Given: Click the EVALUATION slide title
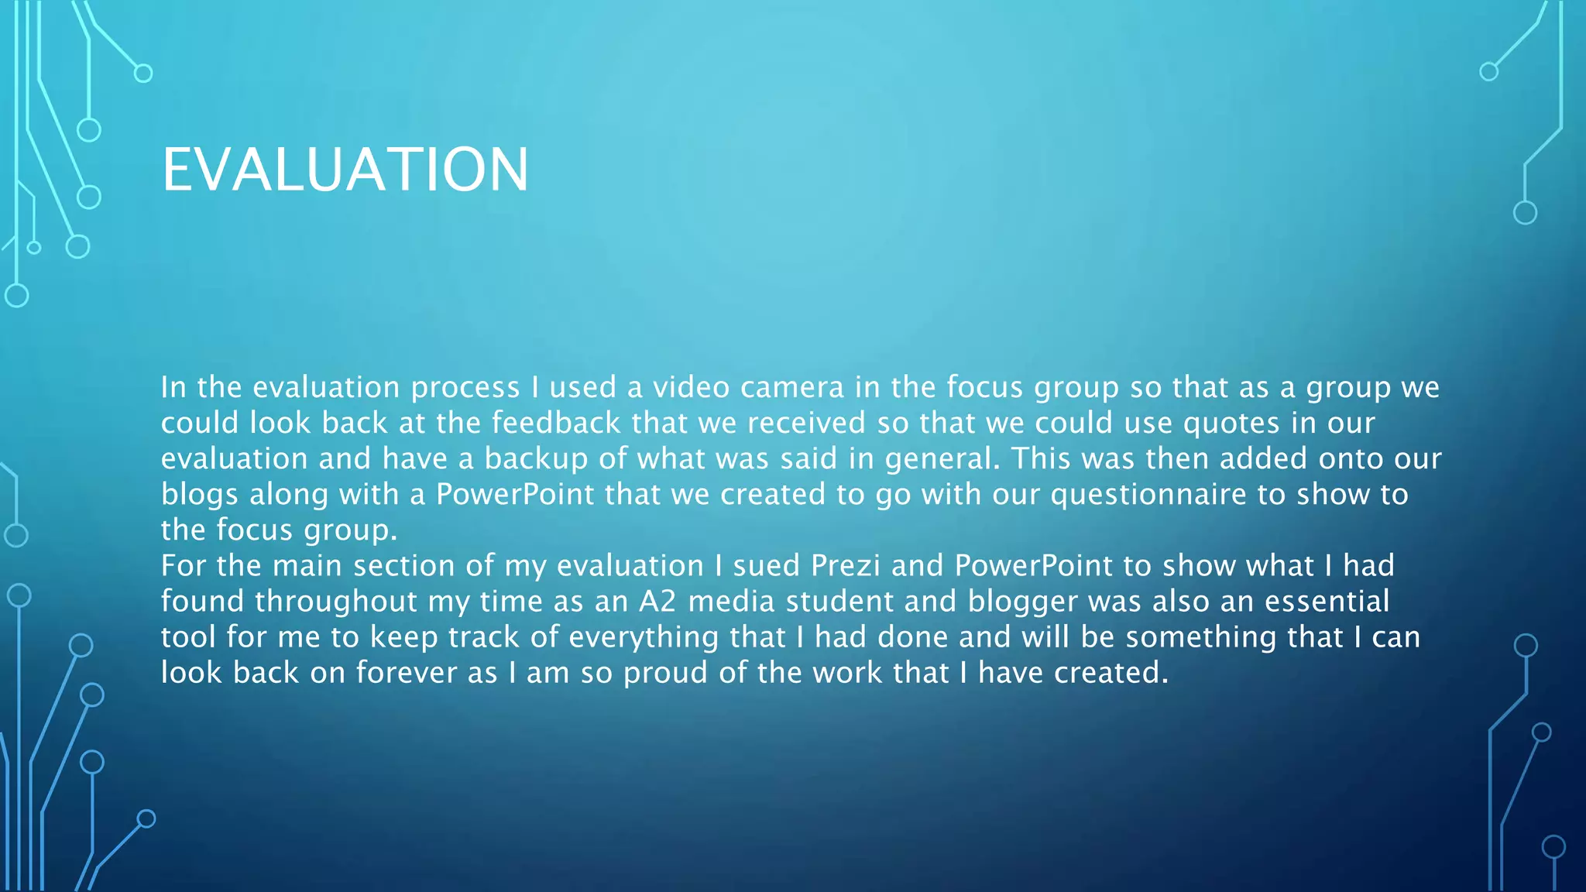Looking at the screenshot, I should point(345,170).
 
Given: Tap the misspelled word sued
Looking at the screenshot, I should point(766,566).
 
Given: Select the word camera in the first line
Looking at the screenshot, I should point(791,387).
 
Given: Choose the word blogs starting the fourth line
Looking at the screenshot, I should point(199,495).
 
